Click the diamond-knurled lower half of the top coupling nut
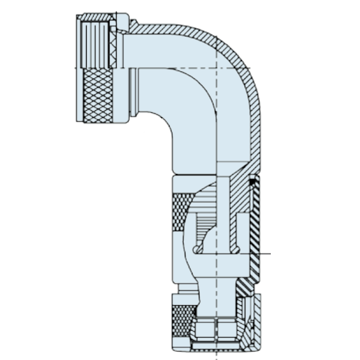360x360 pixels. point(96,96)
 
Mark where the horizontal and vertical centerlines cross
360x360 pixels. point(219,67)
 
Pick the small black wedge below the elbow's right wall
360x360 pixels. point(253,182)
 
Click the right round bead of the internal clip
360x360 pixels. point(237,250)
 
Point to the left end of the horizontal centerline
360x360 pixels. point(75,67)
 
